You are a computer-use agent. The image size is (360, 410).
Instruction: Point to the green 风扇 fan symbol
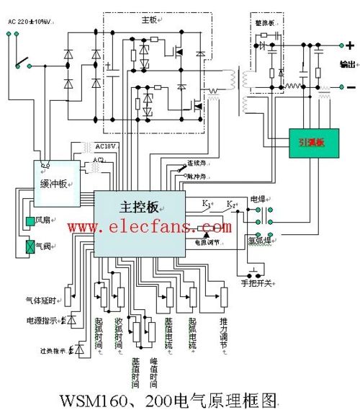click(30, 220)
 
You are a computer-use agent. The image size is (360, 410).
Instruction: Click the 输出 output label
click(347, 65)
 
